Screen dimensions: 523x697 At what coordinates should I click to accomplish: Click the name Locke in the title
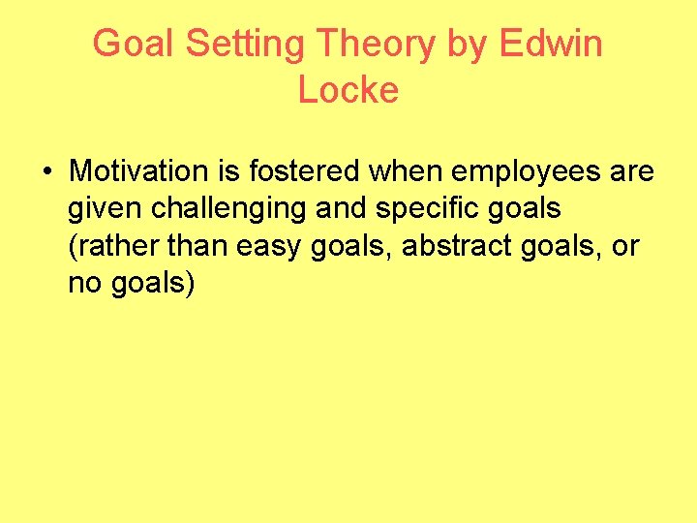tap(348, 90)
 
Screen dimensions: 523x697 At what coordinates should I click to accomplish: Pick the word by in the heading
tap(468, 45)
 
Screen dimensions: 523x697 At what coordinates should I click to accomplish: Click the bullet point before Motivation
tap(46, 172)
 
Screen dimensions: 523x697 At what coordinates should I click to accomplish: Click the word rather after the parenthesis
tap(117, 247)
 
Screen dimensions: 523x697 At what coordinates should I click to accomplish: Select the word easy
tap(268, 247)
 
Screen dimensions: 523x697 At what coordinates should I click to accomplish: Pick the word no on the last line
tap(82, 284)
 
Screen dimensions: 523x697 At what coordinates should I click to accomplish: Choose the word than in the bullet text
tap(198, 247)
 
